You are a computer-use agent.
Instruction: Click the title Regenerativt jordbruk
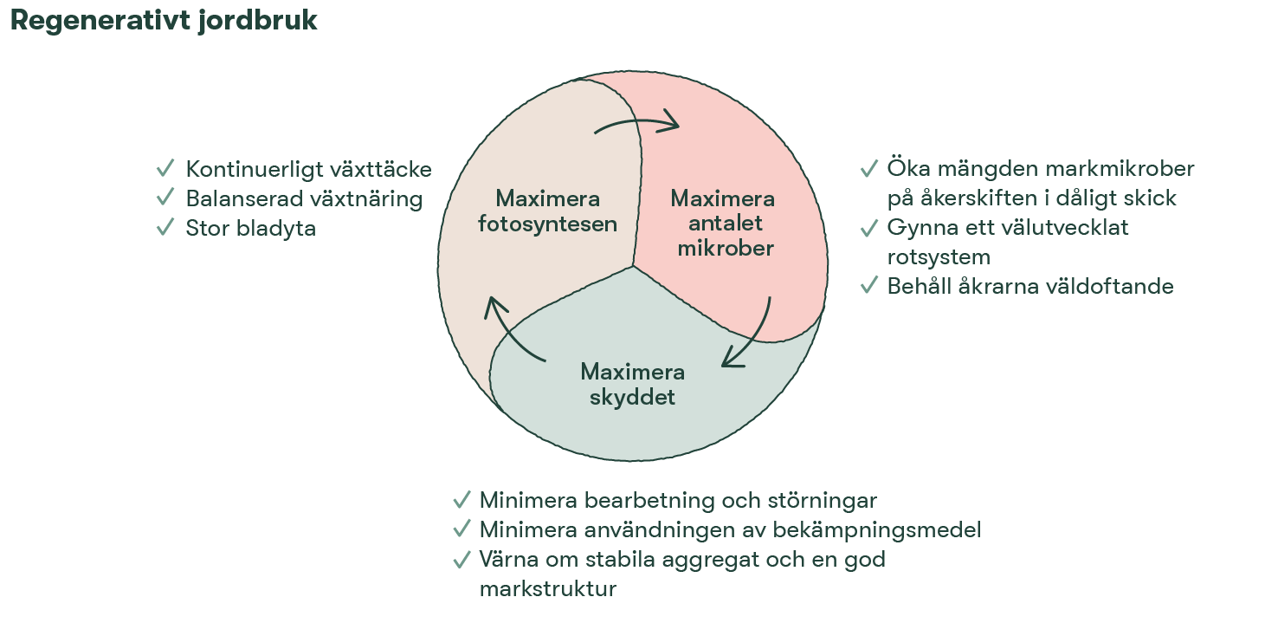click(164, 22)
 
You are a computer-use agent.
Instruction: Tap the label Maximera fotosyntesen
click(547, 211)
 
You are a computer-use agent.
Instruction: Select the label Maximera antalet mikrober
click(723, 224)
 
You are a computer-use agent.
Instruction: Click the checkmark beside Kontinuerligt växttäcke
click(165, 168)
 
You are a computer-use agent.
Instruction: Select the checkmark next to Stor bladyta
click(165, 228)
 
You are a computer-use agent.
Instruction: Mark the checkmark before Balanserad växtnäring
click(165, 198)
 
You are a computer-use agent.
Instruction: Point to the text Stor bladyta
click(250, 229)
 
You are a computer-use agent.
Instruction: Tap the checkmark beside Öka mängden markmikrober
click(868, 168)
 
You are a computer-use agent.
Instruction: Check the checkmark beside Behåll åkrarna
click(868, 285)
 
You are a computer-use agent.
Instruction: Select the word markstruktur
click(547, 589)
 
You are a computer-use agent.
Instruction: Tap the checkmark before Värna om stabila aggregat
click(461, 561)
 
